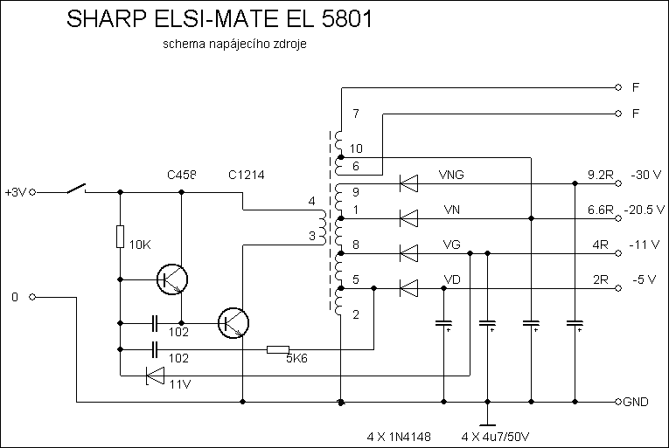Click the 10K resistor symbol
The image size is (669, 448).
[x=119, y=237]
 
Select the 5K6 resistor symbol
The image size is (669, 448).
[x=278, y=350]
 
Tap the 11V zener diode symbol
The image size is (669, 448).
[x=155, y=376]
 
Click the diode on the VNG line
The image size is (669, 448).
[x=408, y=183]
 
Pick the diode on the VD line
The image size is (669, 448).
[x=408, y=287]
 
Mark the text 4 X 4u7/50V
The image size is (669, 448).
[x=496, y=434]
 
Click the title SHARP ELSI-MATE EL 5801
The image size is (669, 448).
[x=219, y=22]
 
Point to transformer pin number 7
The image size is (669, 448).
[x=355, y=114]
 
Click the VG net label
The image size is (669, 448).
[x=452, y=244]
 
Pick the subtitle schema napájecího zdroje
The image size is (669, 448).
[x=234, y=45]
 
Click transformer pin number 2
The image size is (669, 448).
[x=355, y=314]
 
